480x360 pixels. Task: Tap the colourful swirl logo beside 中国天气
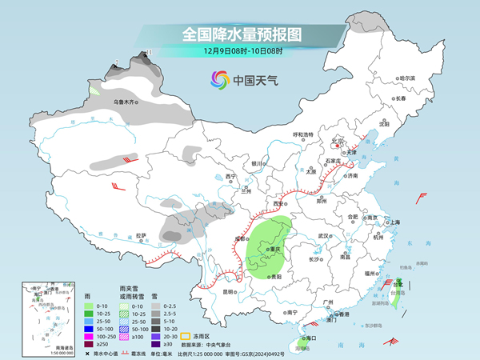click(x=219, y=80)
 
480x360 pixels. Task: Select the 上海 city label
click(x=393, y=222)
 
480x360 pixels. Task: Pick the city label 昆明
click(x=230, y=291)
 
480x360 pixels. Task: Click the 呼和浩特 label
click(x=306, y=134)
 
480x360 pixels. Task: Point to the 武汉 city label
click(x=324, y=236)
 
